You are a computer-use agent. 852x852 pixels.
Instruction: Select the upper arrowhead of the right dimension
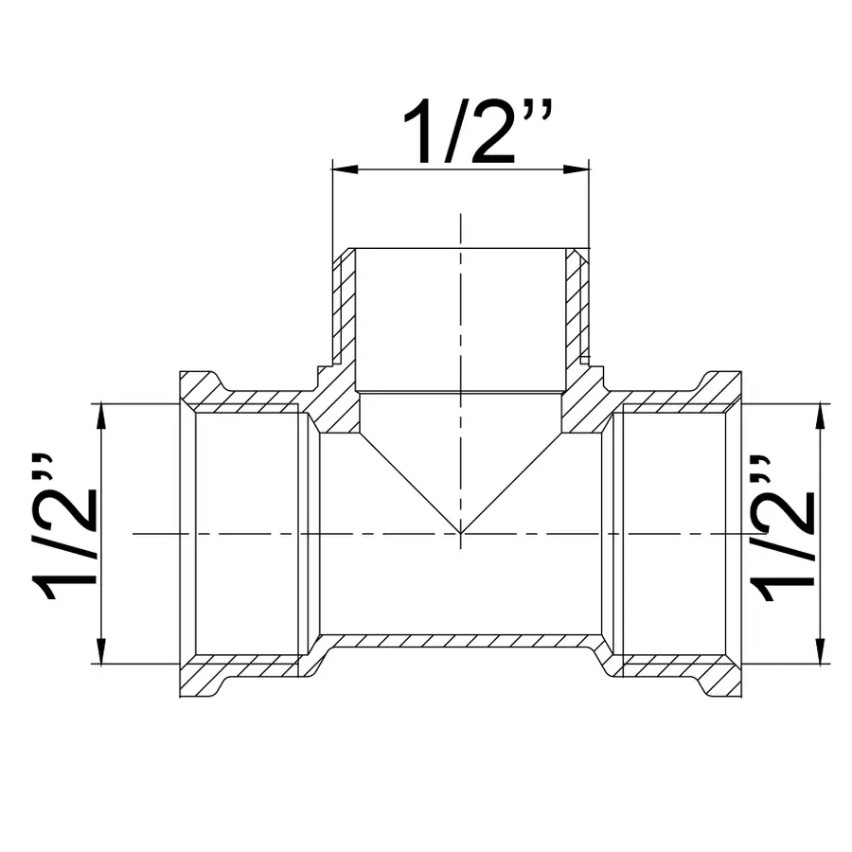819,415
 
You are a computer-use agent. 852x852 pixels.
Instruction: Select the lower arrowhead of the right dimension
819,653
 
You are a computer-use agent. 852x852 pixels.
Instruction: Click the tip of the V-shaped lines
461,533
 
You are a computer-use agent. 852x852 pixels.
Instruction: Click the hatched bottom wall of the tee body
461,642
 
